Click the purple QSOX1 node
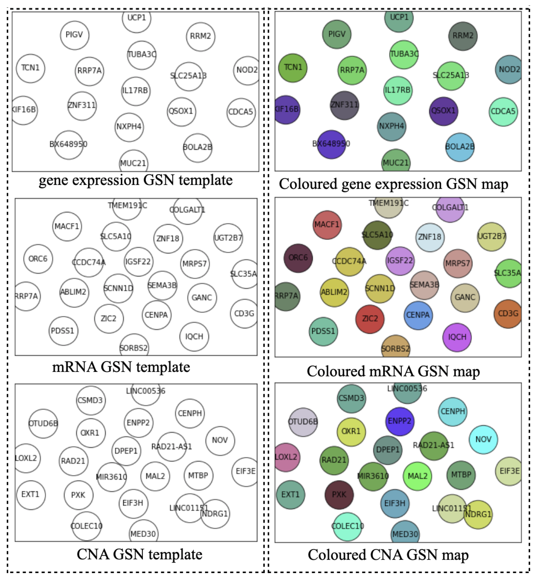point(443,111)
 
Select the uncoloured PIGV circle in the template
point(75,35)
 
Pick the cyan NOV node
point(483,439)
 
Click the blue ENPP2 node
point(400,421)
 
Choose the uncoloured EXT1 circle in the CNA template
point(31,495)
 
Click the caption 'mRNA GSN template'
point(121,367)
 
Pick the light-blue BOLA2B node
point(459,147)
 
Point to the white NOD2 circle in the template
point(247,70)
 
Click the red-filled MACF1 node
point(327,225)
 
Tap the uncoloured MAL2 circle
point(155,476)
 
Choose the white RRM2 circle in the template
point(201,37)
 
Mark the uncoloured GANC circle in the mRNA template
point(202,298)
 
